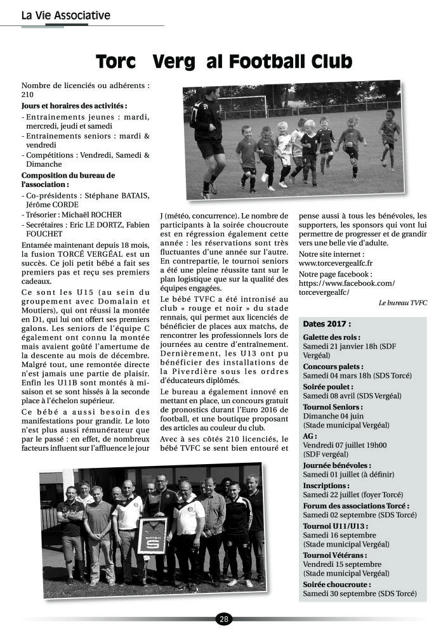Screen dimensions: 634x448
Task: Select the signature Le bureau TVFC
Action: (402, 303)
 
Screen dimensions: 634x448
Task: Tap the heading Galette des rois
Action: (331, 338)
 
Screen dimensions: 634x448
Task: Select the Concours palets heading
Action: (333, 366)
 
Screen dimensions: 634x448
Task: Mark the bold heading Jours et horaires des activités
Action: (74, 105)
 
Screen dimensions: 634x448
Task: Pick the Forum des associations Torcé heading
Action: (356, 506)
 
